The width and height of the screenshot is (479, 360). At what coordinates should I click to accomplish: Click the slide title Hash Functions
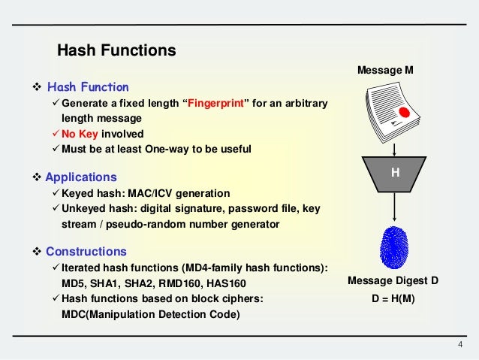(x=116, y=51)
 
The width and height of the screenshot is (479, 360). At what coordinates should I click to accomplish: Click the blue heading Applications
(x=81, y=177)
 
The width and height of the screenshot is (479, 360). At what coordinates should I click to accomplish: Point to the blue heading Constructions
(x=86, y=251)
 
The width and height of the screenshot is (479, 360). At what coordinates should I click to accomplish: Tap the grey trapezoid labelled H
(x=395, y=174)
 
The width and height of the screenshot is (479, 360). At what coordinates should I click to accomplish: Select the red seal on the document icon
(x=405, y=113)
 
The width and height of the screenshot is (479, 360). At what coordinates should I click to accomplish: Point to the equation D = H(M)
(x=394, y=299)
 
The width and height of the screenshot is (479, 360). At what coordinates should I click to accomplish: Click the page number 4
(x=460, y=344)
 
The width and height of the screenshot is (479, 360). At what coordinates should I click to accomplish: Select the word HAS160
(x=227, y=284)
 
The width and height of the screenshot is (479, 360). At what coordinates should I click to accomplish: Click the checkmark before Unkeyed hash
(x=54, y=208)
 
